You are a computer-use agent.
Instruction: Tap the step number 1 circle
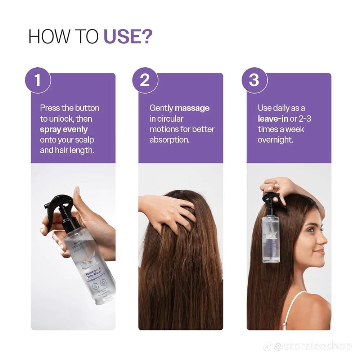38,80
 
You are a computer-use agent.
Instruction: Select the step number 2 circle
145,80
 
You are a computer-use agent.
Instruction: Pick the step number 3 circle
253,80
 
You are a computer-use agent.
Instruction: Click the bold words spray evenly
64,129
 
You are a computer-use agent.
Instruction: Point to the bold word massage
192,108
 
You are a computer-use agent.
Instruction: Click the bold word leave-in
273,118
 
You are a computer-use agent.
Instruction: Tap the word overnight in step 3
275,139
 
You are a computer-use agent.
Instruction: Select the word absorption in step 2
170,139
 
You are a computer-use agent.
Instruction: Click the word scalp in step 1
85,139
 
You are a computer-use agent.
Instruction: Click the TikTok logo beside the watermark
267,346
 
